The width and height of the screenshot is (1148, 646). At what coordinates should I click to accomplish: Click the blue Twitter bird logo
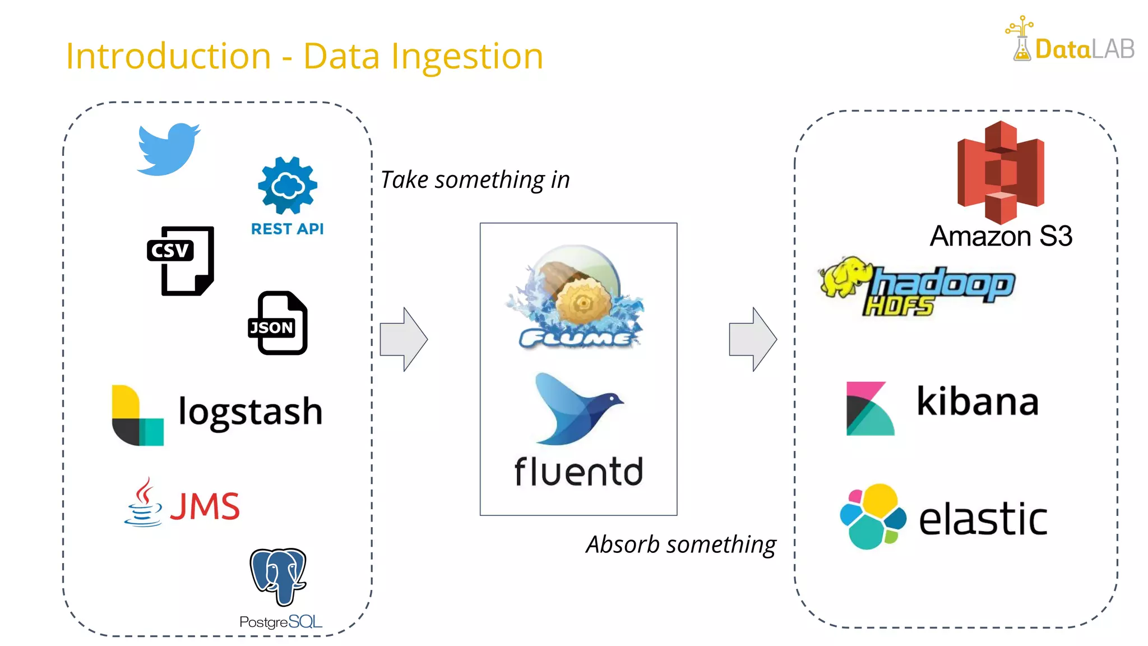(x=168, y=149)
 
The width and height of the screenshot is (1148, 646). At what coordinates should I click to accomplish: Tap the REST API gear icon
(x=288, y=186)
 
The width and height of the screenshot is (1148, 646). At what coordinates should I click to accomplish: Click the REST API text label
(x=287, y=229)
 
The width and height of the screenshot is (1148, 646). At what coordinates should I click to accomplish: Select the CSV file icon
(x=180, y=260)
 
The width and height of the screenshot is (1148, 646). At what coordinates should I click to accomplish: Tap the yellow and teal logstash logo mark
(x=137, y=416)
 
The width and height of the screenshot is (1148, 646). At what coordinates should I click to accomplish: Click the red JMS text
(x=205, y=506)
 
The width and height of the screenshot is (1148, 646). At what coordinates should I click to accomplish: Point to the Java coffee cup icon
(x=143, y=503)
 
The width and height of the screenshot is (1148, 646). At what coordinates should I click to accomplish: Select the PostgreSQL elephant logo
(x=279, y=576)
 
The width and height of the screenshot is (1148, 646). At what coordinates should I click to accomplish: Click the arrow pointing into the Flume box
(x=404, y=339)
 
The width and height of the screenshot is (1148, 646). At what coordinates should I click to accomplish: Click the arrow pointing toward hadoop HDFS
(x=753, y=339)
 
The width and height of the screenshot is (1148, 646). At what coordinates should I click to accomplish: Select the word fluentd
(x=578, y=472)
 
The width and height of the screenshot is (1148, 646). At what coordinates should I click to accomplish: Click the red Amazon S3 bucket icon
(x=1001, y=172)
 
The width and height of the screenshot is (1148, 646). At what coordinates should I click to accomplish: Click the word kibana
(x=978, y=402)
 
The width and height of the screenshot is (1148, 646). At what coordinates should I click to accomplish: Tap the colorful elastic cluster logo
(x=873, y=516)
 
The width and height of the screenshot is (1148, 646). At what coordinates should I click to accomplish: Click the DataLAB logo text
(x=1084, y=49)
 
